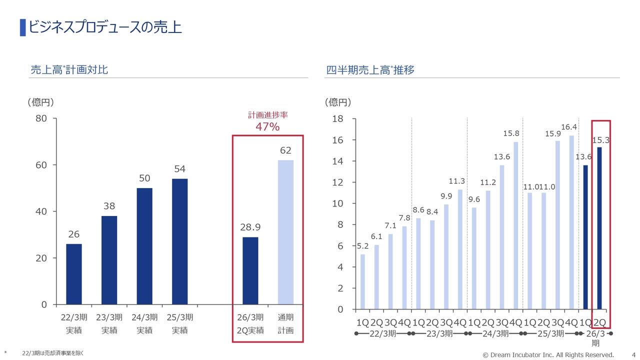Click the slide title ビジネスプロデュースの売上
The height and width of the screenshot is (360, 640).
pos(104,27)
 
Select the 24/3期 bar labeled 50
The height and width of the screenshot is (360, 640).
pos(144,246)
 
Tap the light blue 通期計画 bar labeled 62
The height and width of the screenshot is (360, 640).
pos(285,232)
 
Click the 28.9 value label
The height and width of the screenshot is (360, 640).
pos(250,227)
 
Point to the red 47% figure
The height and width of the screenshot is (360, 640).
pos(267,127)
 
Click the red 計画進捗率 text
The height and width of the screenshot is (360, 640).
pos(268,115)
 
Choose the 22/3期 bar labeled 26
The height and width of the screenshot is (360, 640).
pos(74,274)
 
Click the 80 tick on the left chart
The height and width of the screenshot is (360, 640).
pos(40,118)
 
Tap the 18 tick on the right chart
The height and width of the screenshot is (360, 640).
pos(337,119)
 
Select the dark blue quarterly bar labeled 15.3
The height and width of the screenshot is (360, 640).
pos(599,228)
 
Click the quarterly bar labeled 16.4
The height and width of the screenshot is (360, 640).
pos(571,222)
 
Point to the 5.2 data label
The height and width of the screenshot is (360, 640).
pos(362,246)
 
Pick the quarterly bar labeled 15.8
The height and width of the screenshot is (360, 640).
pos(515,225)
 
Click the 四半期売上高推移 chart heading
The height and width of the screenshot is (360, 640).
pos(370,70)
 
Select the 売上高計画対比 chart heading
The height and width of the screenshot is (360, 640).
pos(69,70)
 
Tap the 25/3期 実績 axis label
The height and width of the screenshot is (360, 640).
pos(179,323)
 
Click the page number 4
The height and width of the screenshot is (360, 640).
pos(633,354)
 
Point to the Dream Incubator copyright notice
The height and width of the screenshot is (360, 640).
pos(548,355)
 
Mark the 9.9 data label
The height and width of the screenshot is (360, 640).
pos(446,195)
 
